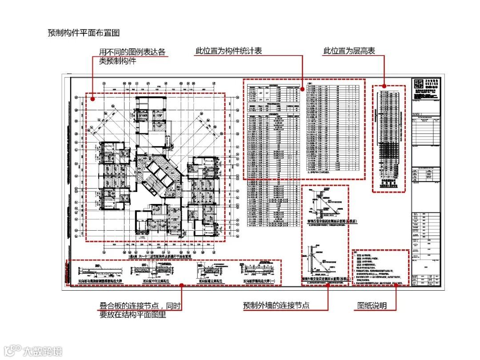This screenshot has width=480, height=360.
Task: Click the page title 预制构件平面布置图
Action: [84, 33]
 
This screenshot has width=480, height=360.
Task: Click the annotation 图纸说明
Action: [372, 306]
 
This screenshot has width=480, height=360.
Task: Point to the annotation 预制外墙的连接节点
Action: [276, 306]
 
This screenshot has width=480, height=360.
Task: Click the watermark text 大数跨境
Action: [42, 351]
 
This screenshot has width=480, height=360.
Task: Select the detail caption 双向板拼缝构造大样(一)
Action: [259, 281]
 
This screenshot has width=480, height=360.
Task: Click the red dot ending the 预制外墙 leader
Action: [328, 285]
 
